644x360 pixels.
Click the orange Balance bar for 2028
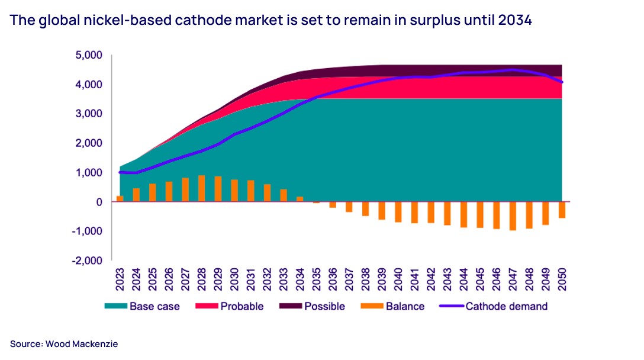pos(202,188)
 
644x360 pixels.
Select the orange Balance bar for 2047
pos(513,216)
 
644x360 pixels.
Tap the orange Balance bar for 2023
pos(120,198)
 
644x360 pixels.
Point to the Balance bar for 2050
pos(562,210)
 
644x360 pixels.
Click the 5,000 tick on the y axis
pos(88,55)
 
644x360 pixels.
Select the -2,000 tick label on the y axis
pos(87,260)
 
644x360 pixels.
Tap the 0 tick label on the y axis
pos(99,202)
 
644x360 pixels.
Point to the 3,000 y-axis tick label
pos(88,114)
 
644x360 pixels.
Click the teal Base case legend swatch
pos(115,306)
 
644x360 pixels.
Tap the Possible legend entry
pos(325,306)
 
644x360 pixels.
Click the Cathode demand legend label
pos(506,306)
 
